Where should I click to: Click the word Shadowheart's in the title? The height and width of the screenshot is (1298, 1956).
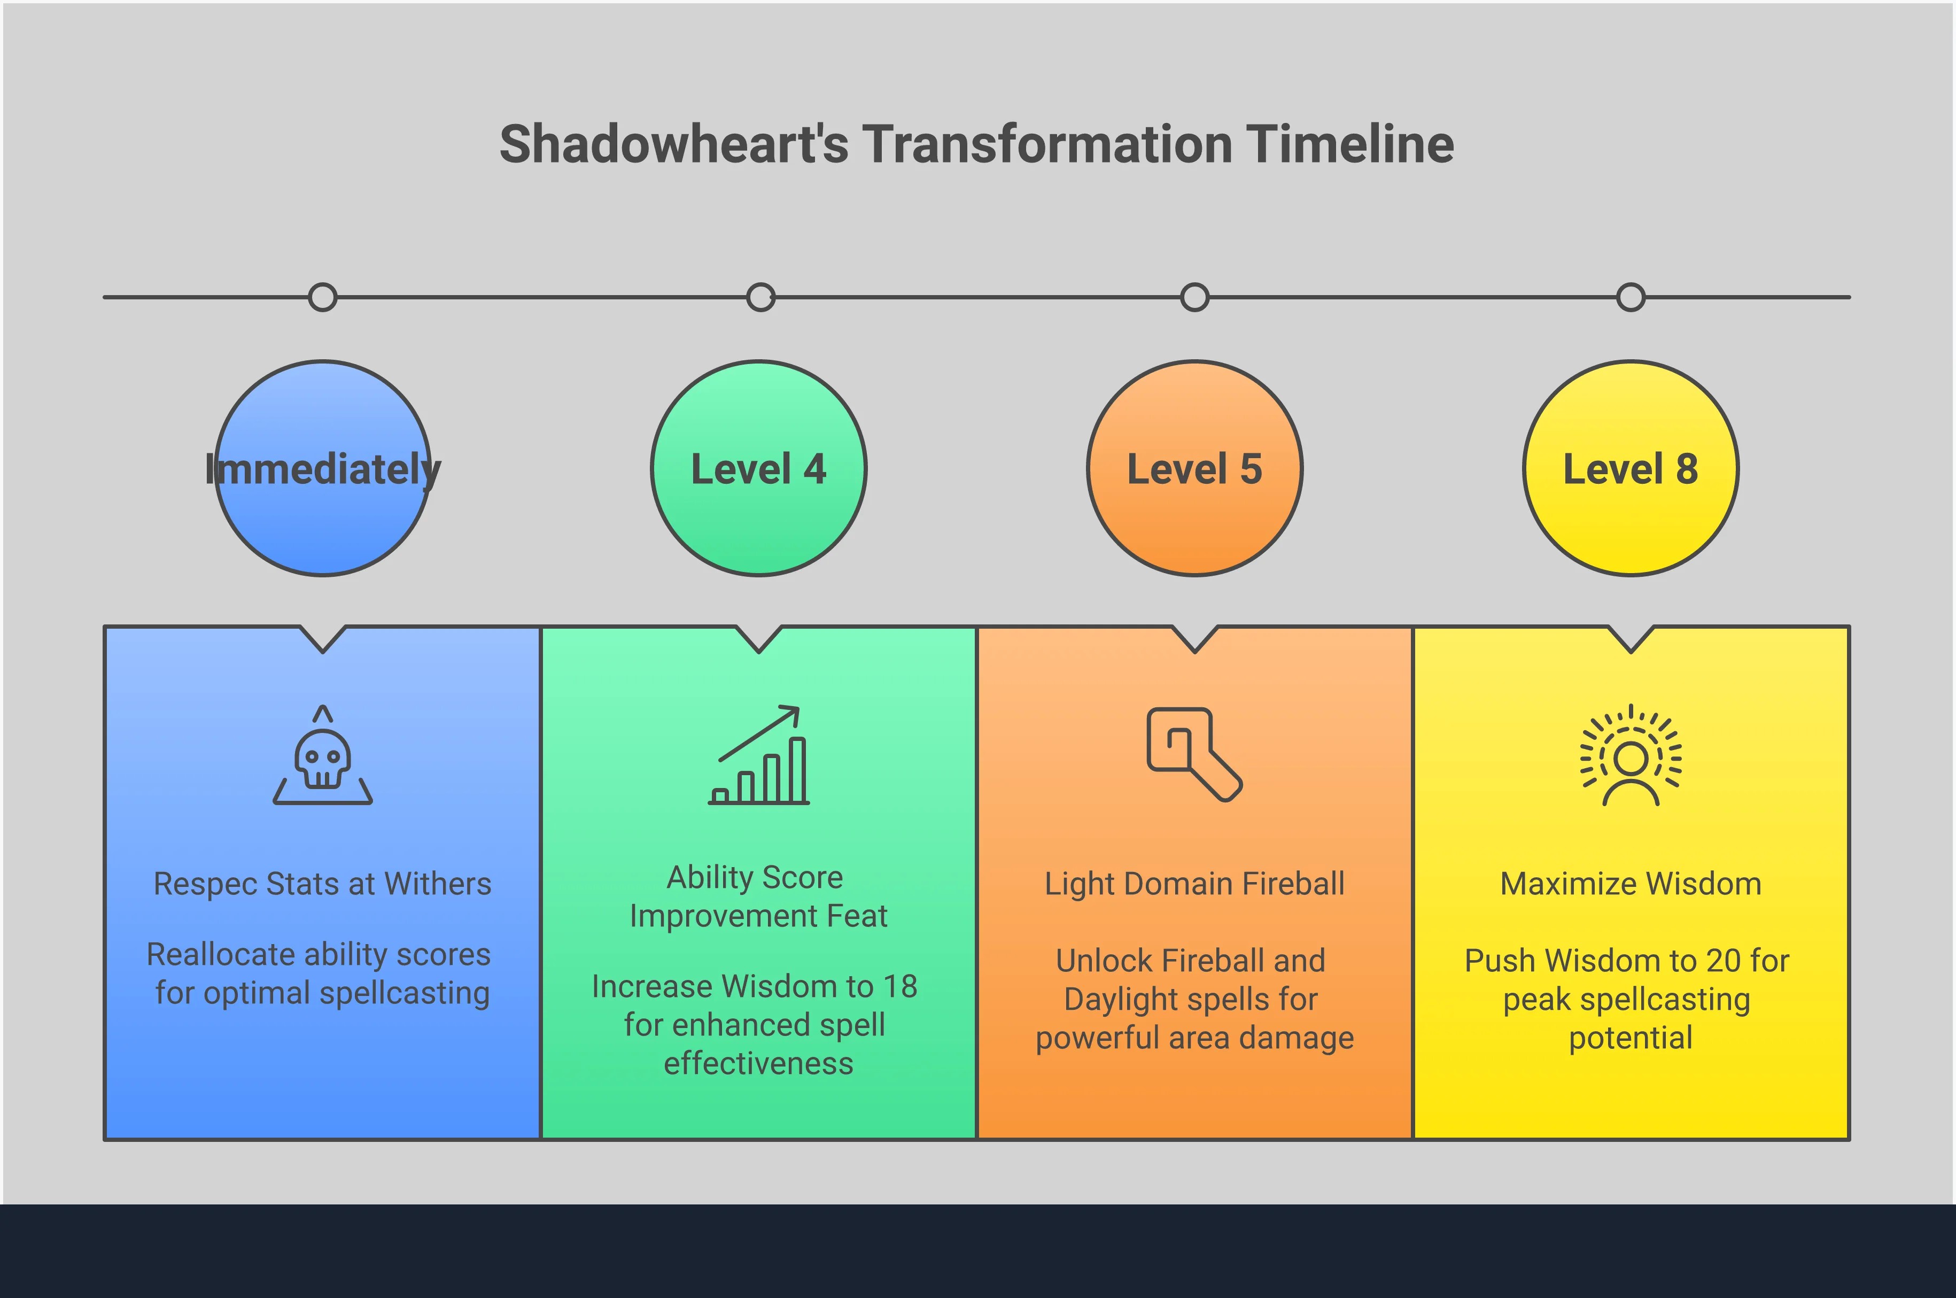674,144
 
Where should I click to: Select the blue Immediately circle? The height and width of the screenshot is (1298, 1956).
323,468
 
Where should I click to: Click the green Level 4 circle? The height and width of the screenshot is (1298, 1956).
759,468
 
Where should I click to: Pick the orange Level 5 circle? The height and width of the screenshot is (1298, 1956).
1195,468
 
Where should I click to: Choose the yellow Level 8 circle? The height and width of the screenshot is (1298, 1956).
1631,468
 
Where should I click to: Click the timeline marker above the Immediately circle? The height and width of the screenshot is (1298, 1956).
323,297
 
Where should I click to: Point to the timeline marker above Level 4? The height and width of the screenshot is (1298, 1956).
760,297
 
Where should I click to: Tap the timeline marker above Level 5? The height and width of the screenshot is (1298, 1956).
1195,297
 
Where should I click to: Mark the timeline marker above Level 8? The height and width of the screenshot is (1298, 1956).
1631,297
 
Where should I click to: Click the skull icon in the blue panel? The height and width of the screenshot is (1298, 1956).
323,755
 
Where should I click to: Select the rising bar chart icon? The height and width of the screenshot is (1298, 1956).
759,755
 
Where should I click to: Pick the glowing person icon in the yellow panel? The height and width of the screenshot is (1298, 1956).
1631,755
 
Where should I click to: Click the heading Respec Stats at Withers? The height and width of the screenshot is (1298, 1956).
323,884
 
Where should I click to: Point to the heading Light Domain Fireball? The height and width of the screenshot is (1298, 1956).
1195,885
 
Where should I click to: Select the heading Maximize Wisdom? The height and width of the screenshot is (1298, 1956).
1631,884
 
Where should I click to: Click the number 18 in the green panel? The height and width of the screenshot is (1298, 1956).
900,987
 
